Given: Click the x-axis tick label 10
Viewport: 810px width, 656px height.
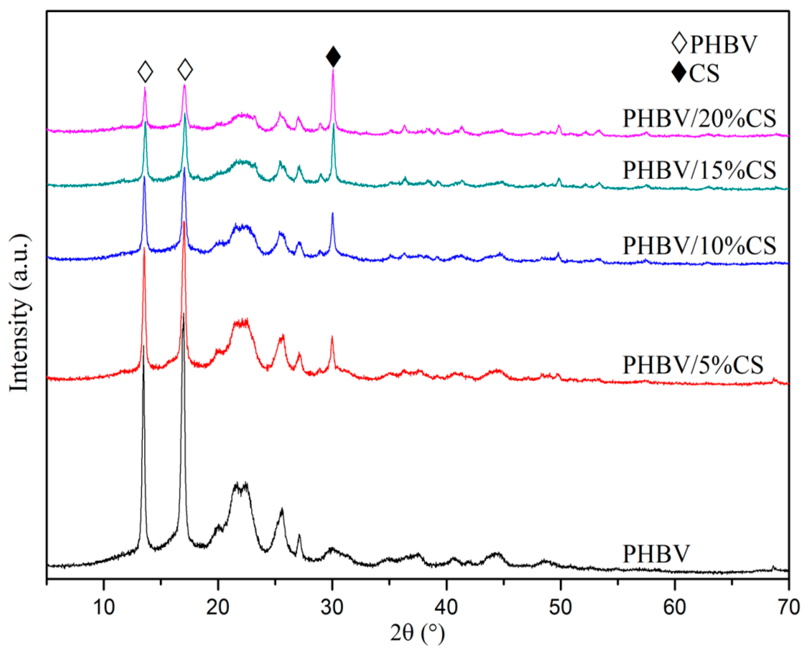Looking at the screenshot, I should pos(104,608).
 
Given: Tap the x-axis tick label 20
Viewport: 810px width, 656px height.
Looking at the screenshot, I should pos(218,608).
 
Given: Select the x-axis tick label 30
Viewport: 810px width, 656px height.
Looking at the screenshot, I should pos(332,608).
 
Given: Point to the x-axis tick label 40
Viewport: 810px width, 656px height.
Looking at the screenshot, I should pos(446,608).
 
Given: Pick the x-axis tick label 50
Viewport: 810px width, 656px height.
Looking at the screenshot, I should pos(560,608).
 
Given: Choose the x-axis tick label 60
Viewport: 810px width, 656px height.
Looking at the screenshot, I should pos(675,608).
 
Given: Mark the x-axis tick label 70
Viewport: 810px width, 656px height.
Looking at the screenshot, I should pos(789,608).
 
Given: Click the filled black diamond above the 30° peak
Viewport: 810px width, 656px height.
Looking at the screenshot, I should pos(333,57).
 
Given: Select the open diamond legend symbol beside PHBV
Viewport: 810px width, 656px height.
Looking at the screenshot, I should pos(679,43).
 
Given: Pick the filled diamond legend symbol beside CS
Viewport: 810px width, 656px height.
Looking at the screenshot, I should pos(679,73).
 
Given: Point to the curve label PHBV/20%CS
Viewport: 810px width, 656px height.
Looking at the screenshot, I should pos(699,118).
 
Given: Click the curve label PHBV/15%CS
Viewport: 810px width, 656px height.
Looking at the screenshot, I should pos(699,170).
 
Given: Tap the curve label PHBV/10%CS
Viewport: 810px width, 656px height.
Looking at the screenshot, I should pos(699,246).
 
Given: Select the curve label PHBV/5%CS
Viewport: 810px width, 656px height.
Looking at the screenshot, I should pos(693,365).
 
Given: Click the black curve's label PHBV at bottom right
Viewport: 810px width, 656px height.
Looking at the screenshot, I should pos(656,554).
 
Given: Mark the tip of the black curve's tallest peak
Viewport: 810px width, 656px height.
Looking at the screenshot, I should pos(183,313).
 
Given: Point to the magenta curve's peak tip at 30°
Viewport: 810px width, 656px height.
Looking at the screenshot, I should pos(333,69).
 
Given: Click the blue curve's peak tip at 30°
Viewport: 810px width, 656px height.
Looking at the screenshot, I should pos(332,213).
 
